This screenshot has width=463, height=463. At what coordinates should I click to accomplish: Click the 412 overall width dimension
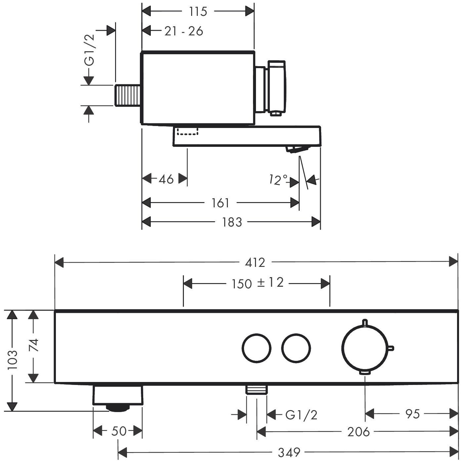(x=255, y=263)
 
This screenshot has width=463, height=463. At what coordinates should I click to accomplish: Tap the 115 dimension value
(x=198, y=12)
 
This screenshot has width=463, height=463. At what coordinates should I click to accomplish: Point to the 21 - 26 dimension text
(x=184, y=31)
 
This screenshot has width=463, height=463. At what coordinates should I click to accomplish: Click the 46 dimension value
(x=166, y=179)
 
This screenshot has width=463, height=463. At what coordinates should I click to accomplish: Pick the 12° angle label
(x=278, y=180)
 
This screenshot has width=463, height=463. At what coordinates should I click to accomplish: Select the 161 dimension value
(x=220, y=203)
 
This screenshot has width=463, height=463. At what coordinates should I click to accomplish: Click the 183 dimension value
(x=232, y=222)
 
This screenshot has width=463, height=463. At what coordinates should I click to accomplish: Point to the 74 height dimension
(x=33, y=346)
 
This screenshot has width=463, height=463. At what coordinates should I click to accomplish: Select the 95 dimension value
(x=412, y=413)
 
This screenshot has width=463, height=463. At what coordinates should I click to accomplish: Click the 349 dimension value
(x=289, y=452)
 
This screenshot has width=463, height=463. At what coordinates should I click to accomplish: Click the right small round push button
(x=296, y=348)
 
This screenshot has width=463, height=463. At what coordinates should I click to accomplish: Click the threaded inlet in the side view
(x=128, y=95)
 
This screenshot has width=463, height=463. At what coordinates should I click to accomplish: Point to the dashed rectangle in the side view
(x=188, y=131)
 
